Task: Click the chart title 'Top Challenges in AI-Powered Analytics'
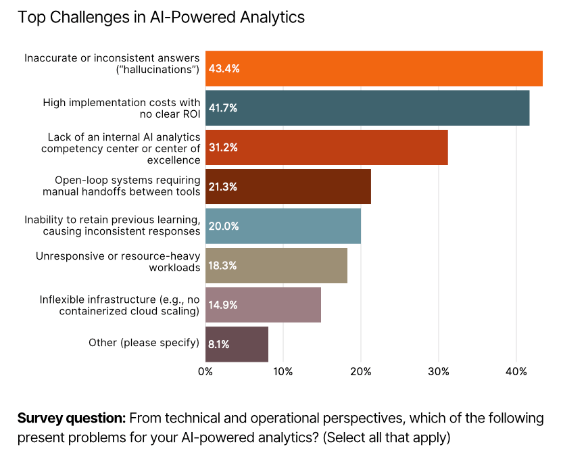tap(161, 18)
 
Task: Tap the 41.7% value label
tap(223, 108)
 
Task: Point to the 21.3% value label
tap(223, 187)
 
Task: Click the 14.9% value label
tap(223, 305)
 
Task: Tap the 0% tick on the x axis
tap(205, 371)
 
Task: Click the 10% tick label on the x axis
tap(283, 371)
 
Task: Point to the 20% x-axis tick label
tap(361, 371)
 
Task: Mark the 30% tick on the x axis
tap(439, 371)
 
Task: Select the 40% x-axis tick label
tap(516, 371)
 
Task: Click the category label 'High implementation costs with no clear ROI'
tap(122, 108)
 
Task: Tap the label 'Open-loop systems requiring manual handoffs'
tap(122, 186)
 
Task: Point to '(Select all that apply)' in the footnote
tap(386, 437)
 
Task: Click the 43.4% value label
tap(224, 69)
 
